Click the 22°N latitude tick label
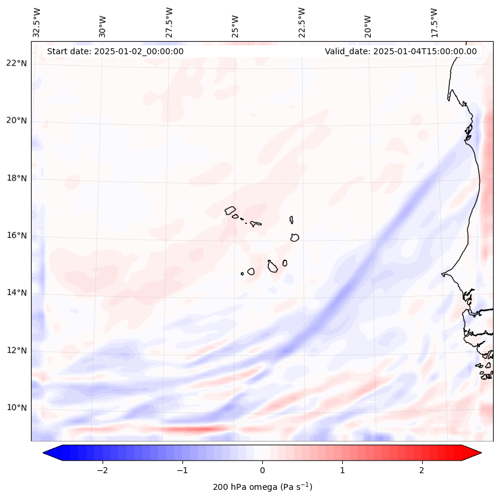tap(17, 64)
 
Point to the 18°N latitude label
tap(17, 178)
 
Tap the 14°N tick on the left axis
tap(17, 293)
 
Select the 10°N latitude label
tap(17, 408)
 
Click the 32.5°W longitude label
tap(37, 22)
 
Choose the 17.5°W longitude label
tap(434, 22)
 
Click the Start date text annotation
tap(115, 51)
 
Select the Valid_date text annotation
tap(401, 51)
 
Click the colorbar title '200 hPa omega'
tap(262, 487)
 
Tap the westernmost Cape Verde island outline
tap(231, 210)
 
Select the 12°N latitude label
tap(17, 350)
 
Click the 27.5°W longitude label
tap(169, 22)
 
